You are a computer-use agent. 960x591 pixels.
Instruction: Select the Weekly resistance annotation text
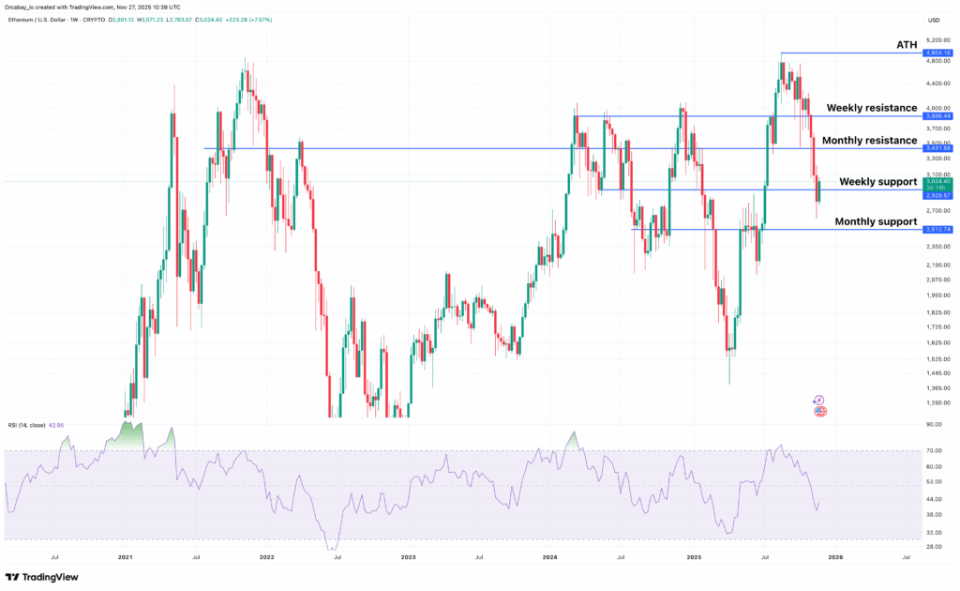(871, 108)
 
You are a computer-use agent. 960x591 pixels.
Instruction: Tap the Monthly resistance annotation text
(869, 140)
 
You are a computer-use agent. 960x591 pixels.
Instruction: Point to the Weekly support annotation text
(877, 181)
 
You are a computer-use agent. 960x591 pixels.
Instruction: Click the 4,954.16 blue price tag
(937, 53)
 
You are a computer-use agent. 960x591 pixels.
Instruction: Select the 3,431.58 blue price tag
(937, 148)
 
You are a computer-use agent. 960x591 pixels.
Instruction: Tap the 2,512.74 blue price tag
(937, 229)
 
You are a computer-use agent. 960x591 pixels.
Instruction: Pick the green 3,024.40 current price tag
(937, 182)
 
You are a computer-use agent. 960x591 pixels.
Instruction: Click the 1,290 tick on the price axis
(936, 403)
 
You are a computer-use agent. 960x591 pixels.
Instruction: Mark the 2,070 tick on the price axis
(936, 280)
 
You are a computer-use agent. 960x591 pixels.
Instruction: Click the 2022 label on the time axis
(266, 556)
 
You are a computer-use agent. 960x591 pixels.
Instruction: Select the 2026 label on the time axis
(834, 556)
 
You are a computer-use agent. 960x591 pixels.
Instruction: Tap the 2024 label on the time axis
(549, 556)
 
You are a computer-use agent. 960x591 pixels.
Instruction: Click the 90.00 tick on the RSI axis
(935, 424)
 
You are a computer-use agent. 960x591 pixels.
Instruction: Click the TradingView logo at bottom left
(42, 578)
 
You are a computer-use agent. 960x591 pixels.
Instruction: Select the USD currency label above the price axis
(934, 21)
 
